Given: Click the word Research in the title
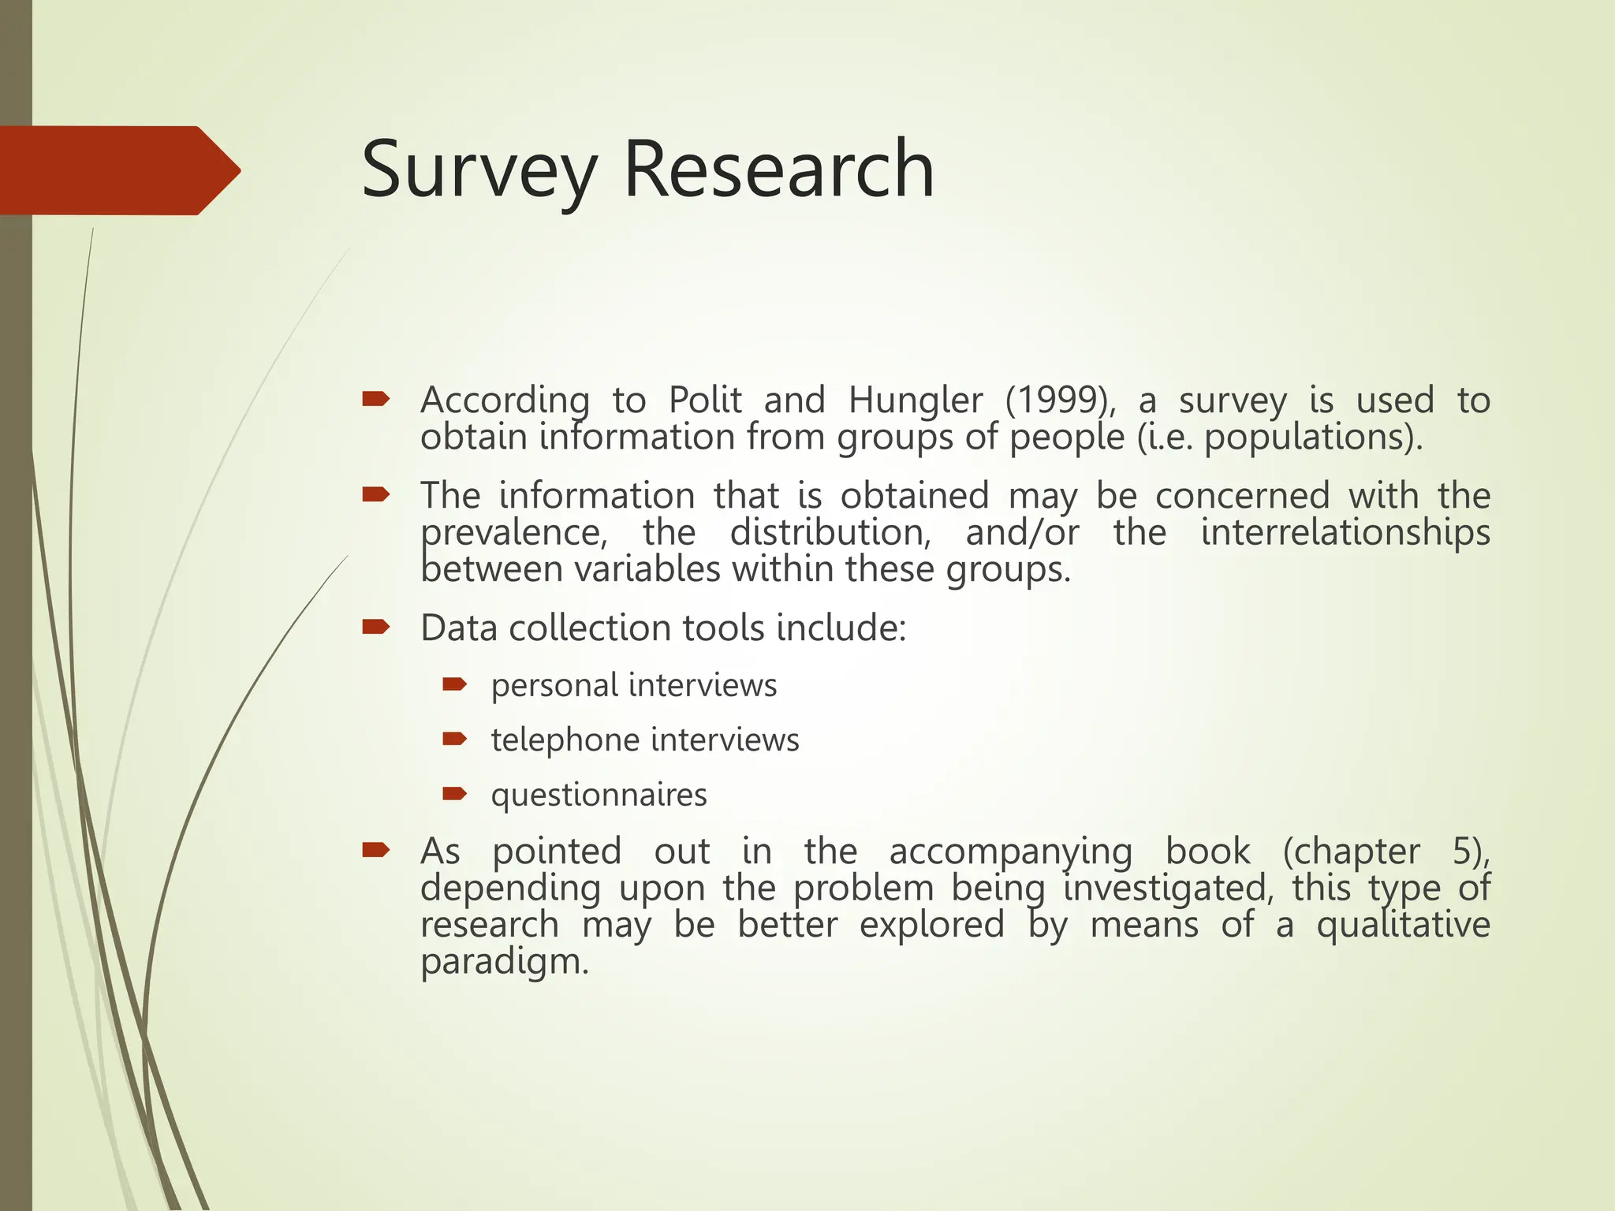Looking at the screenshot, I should click(778, 170).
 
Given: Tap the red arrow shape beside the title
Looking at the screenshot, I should click(118, 170).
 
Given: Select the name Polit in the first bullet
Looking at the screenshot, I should click(705, 401).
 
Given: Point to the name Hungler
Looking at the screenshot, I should click(916, 401).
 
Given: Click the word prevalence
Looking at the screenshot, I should click(513, 533).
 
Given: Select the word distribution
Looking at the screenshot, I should click(830, 533).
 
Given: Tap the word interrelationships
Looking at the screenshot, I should click(1345, 533).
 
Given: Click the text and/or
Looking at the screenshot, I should click(1022, 533).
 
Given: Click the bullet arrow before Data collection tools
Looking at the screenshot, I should click(376, 628).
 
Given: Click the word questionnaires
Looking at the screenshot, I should click(599, 795).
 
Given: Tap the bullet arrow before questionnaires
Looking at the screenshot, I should click(455, 794).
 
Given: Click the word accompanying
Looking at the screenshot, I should click(1010, 851).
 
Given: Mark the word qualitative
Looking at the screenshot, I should click(1403, 925).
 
